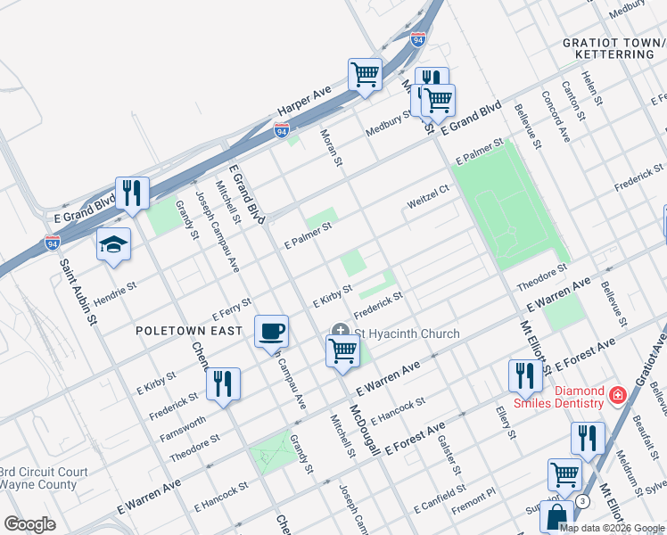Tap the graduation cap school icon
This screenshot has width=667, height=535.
tap(114, 245)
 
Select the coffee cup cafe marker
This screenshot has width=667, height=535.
tap(272, 331)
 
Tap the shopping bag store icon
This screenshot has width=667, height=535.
tap(556, 515)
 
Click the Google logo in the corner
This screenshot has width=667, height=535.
tap(29, 524)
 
